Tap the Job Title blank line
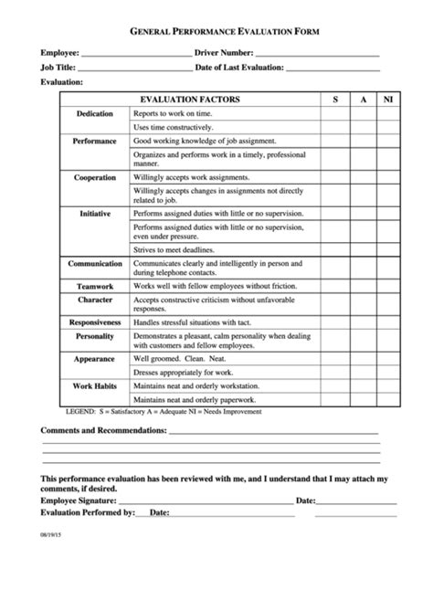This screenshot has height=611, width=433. point(135,68)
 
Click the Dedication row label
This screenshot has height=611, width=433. point(94,113)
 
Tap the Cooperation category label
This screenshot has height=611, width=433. point(94,177)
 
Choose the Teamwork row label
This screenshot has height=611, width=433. point(94,286)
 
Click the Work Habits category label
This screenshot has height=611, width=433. point(94,386)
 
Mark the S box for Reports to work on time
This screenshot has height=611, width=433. point(334,113)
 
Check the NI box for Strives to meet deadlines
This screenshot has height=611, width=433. point(387,249)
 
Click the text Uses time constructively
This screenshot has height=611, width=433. point(173,127)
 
